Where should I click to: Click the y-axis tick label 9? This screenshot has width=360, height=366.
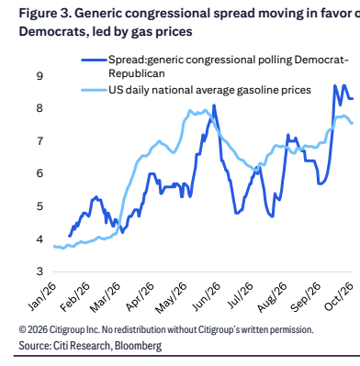(39, 75)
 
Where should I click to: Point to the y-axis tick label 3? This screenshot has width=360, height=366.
(39, 272)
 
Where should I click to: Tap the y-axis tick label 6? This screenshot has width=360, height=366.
(39, 173)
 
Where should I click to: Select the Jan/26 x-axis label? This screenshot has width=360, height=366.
(43, 296)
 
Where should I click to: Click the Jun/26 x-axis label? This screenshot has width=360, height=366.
(208, 296)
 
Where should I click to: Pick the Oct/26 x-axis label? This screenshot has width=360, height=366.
(340, 296)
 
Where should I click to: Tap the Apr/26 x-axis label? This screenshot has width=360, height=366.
(141, 296)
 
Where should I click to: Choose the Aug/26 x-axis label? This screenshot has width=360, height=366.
(273, 297)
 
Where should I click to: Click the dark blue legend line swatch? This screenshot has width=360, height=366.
(95, 61)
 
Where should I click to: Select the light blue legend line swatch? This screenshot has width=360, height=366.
(95, 90)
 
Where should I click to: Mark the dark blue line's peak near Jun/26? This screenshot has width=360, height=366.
(214, 105)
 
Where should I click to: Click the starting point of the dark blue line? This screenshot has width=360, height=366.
(69, 236)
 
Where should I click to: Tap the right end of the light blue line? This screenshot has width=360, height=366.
(353, 123)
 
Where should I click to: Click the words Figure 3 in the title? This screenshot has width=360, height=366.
(45, 14)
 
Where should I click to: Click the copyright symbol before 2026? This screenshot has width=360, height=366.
(22, 329)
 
